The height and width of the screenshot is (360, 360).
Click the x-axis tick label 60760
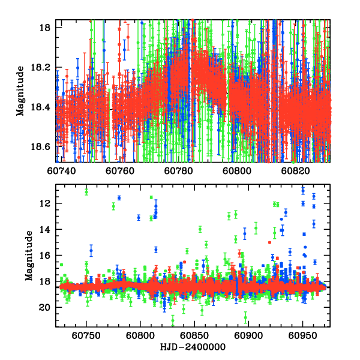pyautogui.click(x=124, y=170)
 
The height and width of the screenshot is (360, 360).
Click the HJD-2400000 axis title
pyautogui.click(x=193, y=347)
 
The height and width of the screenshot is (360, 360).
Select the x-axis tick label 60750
pyautogui.click(x=86, y=334)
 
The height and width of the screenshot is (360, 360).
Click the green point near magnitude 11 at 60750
pyautogui.click(x=86, y=192)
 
